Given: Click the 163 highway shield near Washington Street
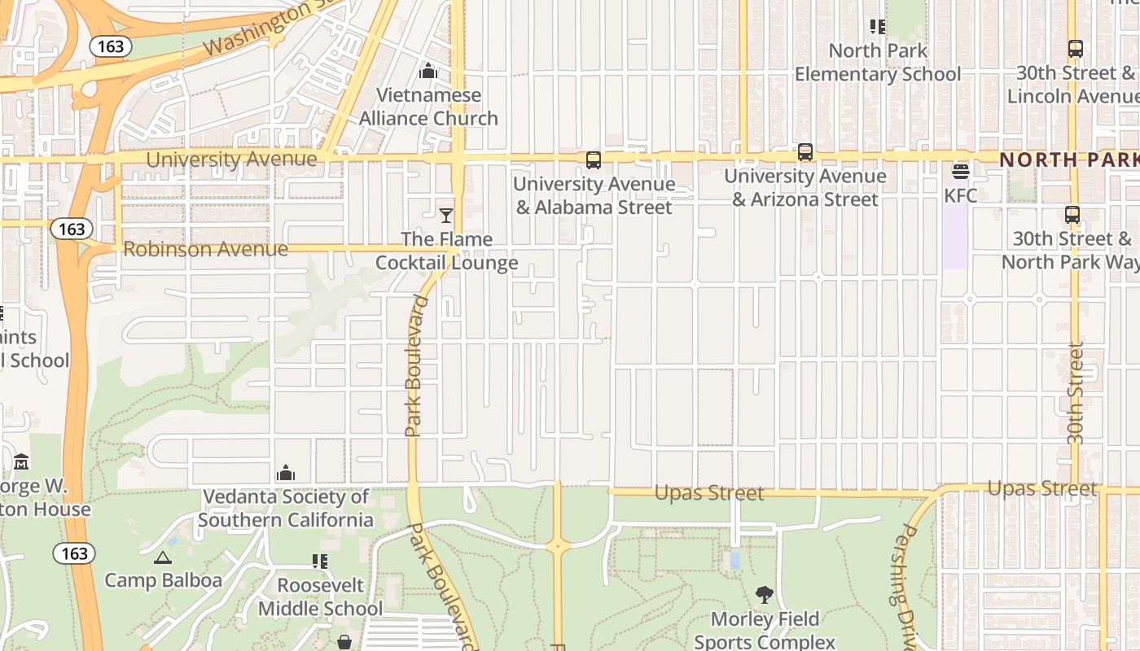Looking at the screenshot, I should point(111,46).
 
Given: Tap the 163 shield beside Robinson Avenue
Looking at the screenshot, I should point(72,229).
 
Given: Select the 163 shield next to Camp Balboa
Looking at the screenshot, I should point(74,554).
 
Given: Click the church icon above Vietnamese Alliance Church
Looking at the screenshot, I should point(428,72).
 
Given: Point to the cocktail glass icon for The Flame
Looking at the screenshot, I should point(446,216).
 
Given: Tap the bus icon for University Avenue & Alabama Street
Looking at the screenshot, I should point(594,160).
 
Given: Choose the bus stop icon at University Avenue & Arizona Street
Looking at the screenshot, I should point(805,152).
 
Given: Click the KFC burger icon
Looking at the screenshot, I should point(961,172).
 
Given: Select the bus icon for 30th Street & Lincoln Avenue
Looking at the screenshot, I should point(1075,49).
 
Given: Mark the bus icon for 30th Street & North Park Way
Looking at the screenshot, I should point(1072,216).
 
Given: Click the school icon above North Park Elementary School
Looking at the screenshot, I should point(878,27).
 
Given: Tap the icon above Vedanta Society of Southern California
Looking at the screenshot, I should point(286,473).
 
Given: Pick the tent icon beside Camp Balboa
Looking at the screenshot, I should point(163,557).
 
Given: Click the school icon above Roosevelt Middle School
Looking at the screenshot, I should point(320,561).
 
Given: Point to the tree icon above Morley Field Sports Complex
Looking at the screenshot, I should point(764,595).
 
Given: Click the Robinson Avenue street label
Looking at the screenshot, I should point(205,249).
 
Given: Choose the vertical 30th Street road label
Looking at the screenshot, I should point(1076,394).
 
